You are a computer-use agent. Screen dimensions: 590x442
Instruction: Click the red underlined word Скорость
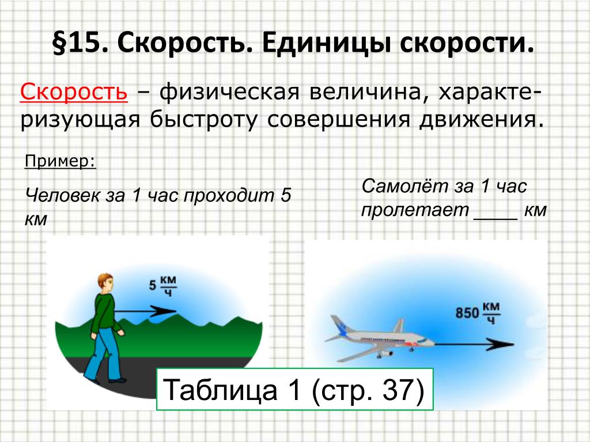(x=74, y=92)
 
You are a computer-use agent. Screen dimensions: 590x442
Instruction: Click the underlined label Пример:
(x=60, y=161)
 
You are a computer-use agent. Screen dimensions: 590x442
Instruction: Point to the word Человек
(x=62, y=196)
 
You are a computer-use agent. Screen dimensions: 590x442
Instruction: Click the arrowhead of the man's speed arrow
(x=164, y=311)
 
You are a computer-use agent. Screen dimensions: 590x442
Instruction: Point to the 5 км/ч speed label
(x=162, y=285)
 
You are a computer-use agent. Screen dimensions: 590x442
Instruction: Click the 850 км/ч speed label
(x=477, y=313)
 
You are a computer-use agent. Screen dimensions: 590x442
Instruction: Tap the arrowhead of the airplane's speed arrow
(x=501, y=344)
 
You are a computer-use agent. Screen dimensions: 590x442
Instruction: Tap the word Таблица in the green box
(x=220, y=390)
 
